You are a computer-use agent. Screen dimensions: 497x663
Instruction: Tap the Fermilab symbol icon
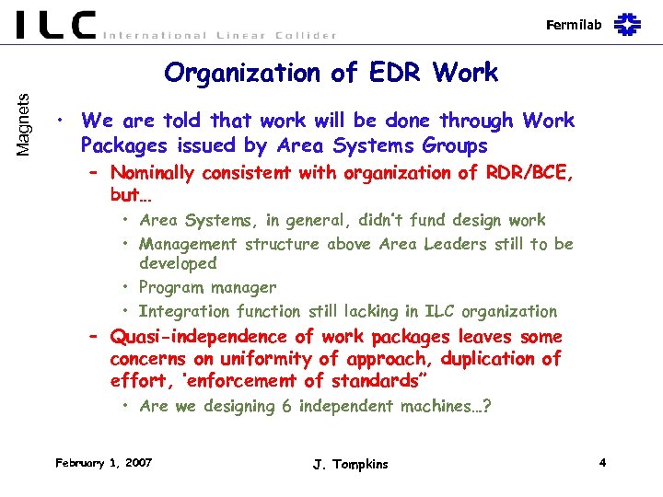point(628,24)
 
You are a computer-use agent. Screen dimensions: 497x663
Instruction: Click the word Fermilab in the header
point(574,25)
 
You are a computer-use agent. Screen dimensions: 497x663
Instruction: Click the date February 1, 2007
point(104,462)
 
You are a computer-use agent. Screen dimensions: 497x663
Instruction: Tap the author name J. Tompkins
point(350,464)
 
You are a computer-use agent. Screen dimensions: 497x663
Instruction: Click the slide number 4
point(601,462)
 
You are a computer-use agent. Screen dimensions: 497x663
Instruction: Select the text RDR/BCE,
point(529,173)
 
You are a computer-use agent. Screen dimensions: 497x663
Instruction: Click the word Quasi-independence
point(184,337)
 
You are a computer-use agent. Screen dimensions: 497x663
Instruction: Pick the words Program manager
point(208,287)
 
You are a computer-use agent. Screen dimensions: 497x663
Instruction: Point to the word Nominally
point(153,173)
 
